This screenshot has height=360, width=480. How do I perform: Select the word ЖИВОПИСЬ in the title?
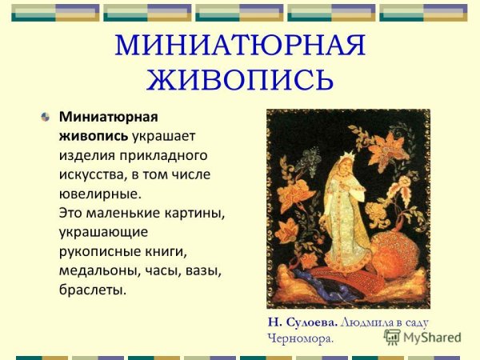pyautogui.click(x=240, y=79)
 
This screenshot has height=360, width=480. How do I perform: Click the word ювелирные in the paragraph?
pyautogui.click(x=97, y=193)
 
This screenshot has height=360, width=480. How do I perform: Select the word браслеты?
pyautogui.click(x=92, y=290)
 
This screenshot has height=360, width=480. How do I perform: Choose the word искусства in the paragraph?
pyautogui.click(x=90, y=174)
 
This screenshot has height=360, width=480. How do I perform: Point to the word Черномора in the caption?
pyautogui.click(x=298, y=338)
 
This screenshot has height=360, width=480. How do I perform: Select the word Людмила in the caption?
pyautogui.click(x=366, y=322)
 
